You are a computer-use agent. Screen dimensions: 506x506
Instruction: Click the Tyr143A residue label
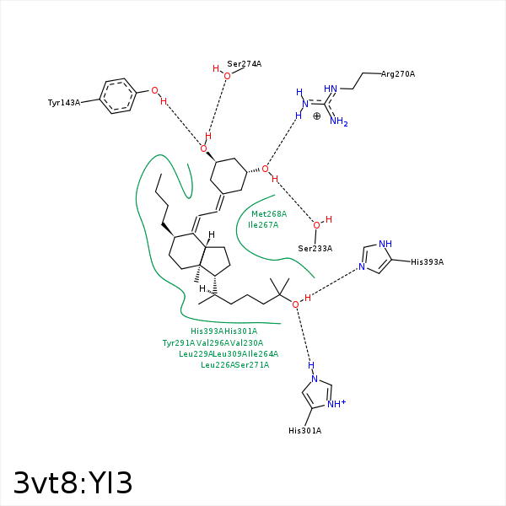click(64, 103)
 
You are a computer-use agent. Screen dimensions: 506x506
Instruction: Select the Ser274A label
click(245, 64)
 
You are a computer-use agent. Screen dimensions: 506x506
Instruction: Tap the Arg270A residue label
click(398, 74)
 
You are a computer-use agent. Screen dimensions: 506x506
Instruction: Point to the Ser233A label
click(315, 248)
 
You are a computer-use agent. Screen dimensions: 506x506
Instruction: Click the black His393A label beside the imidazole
click(427, 262)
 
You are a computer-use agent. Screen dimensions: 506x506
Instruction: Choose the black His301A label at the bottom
click(304, 431)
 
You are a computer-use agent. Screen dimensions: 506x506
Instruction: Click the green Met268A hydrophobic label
click(269, 214)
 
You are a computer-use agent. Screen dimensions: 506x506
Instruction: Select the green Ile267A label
click(264, 225)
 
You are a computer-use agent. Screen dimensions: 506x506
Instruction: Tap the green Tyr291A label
click(179, 343)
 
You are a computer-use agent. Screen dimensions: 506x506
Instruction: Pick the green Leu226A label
click(218, 365)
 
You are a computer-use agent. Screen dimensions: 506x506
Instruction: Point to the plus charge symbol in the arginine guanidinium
click(316, 116)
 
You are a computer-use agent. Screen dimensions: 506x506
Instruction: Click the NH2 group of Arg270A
click(338, 122)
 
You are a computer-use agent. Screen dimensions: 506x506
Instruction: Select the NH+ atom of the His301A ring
click(336, 404)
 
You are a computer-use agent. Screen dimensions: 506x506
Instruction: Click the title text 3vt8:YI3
click(73, 483)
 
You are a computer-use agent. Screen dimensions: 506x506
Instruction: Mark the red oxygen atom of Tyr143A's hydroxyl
click(153, 89)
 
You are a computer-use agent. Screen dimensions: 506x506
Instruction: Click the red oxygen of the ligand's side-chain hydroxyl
click(296, 304)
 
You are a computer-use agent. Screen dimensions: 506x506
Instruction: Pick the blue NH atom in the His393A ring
click(385, 245)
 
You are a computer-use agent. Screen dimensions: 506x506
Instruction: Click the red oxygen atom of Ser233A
click(316, 225)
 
